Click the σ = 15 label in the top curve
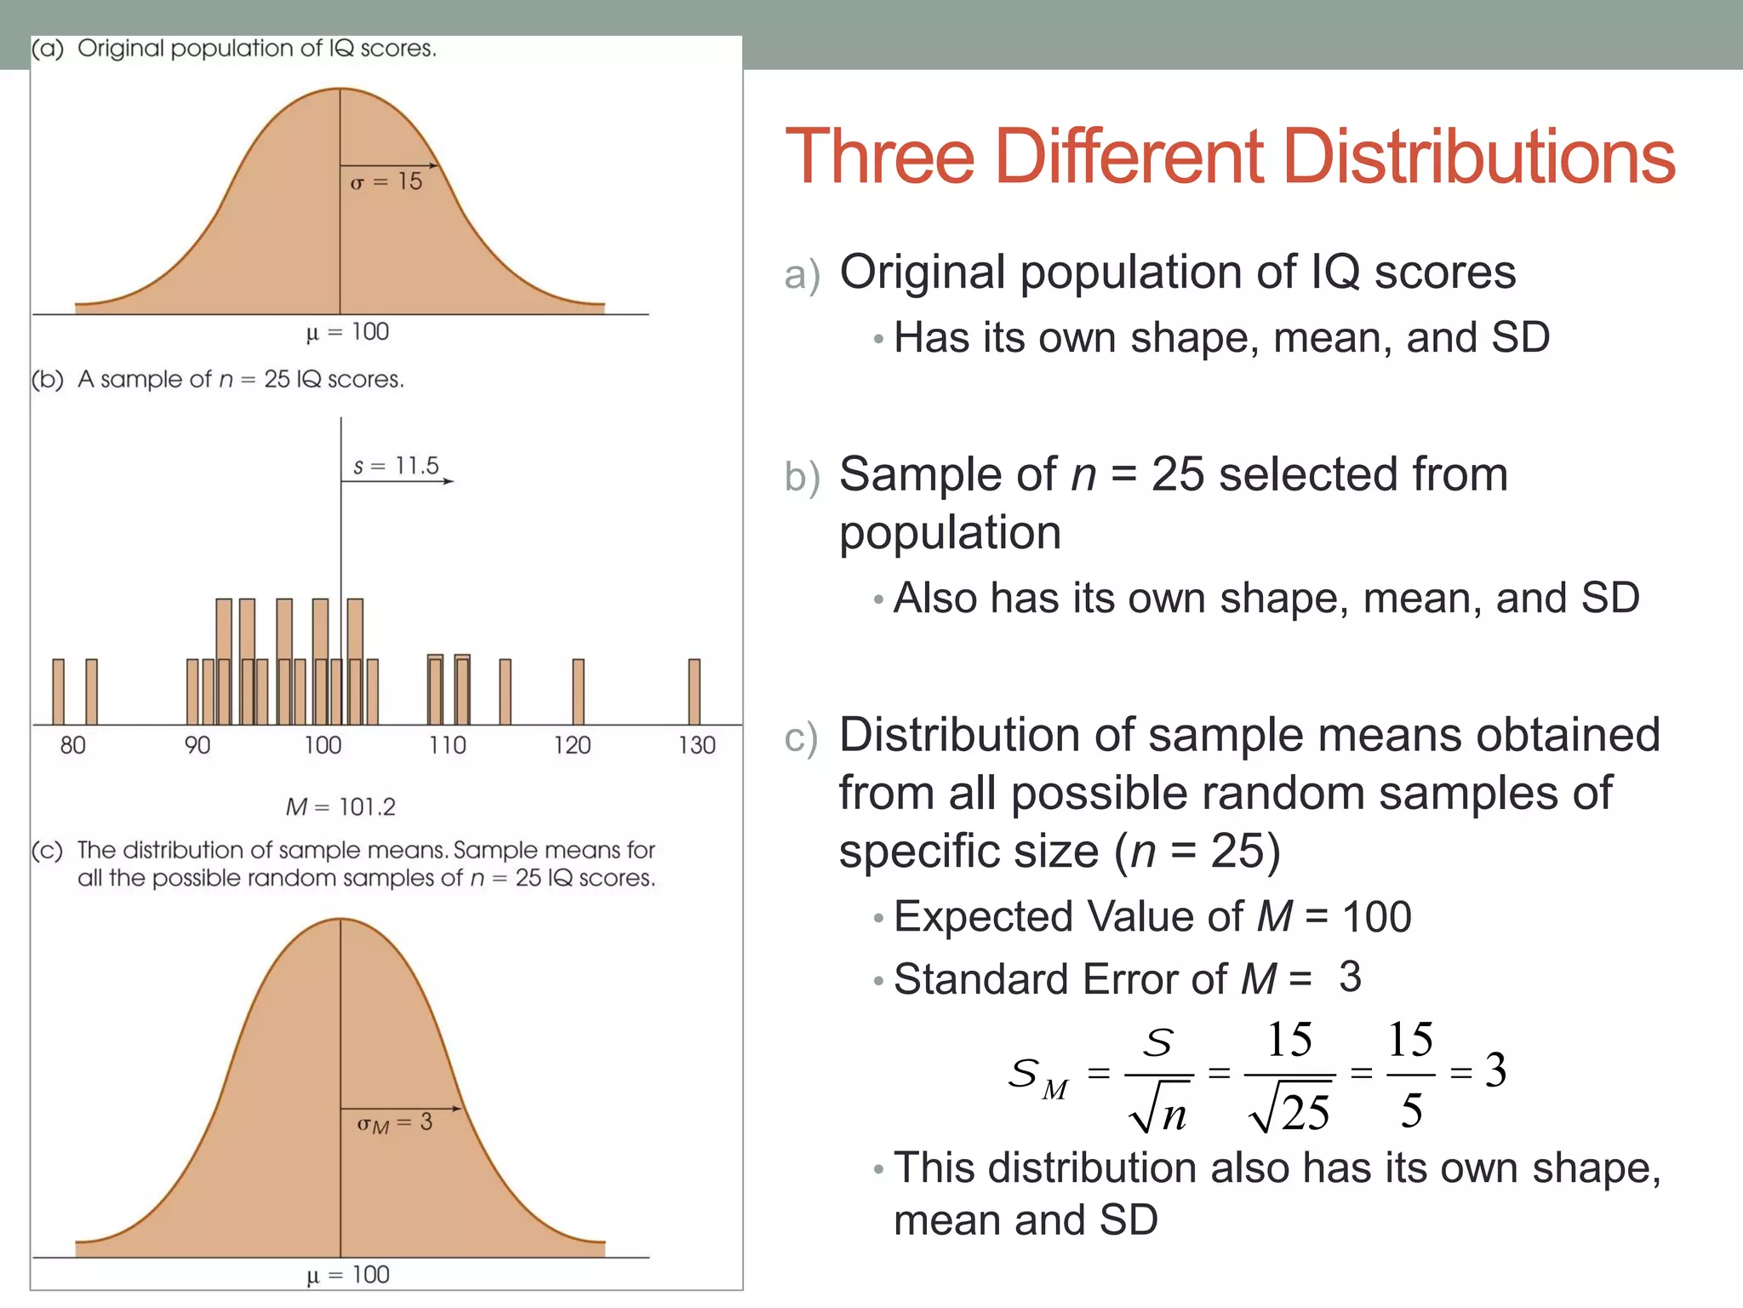[x=386, y=181]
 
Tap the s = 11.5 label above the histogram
[x=396, y=466]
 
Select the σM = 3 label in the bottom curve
[x=394, y=1123]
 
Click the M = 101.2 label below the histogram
[x=340, y=806]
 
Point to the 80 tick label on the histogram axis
[x=72, y=745]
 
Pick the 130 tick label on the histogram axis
[x=696, y=745]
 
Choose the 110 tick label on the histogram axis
[x=447, y=745]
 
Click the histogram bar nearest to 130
[x=694, y=691]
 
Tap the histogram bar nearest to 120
[x=579, y=691]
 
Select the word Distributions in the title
[x=1478, y=157]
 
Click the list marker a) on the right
[x=802, y=275]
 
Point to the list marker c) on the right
[x=801, y=737]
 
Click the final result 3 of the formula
[x=1495, y=1070]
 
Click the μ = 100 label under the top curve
[x=347, y=331]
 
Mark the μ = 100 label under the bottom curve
[x=347, y=1275]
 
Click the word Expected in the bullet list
[x=983, y=917]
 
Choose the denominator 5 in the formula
[x=1411, y=1110]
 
